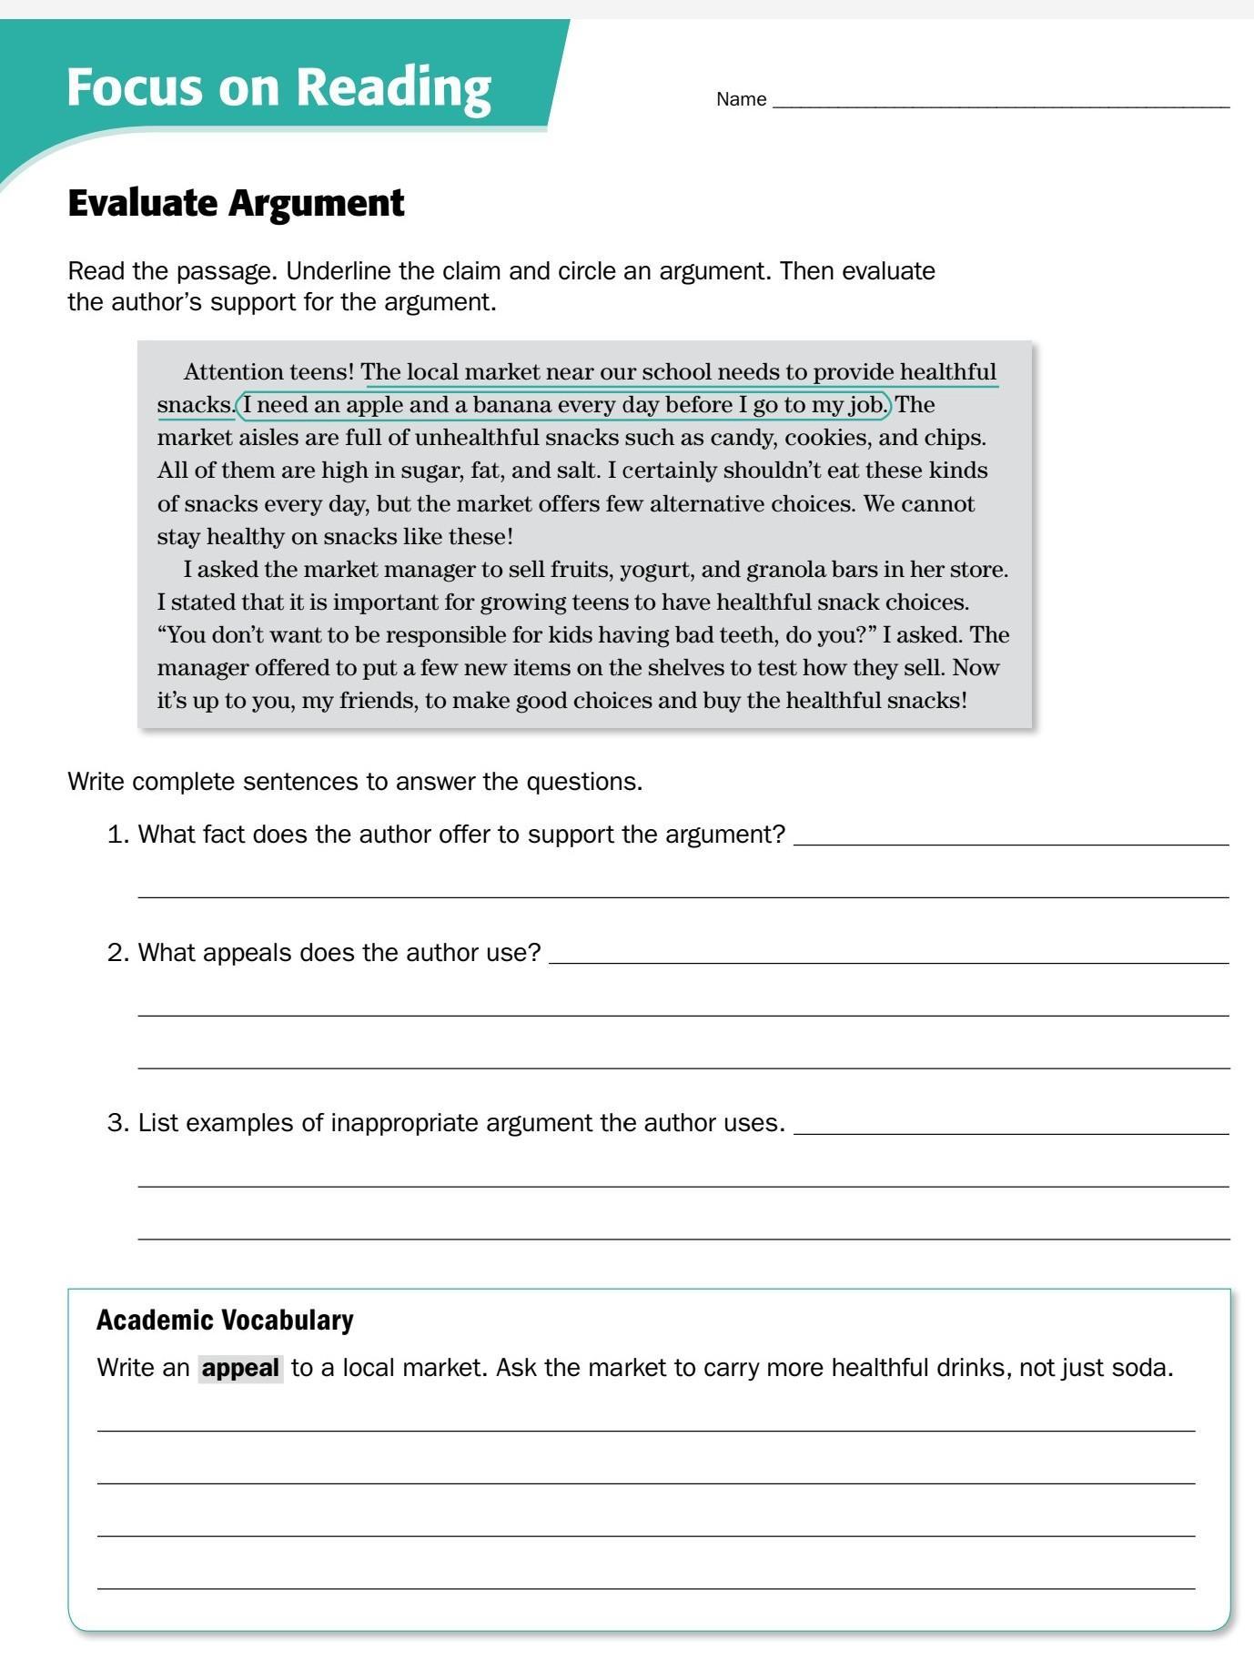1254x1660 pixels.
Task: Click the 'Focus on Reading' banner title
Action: [x=278, y=87]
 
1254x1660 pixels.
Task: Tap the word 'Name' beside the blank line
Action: [x=741, y=99]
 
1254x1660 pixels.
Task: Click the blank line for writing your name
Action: [x=1001, y=102]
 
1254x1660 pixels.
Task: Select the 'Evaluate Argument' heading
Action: [x=236, y=203]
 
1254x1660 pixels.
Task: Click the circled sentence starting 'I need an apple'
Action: [x=563, y=405]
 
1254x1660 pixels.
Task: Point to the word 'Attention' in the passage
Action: [x=233, y=372]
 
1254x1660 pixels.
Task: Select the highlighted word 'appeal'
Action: [x=240, y=1368]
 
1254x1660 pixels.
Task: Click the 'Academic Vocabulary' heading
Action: [x=225, y=1320]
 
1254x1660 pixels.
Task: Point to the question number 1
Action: [x=116, y=835]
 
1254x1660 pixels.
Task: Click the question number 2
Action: [x=116, y=953]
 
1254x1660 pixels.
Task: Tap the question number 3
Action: [x=116, y=1123]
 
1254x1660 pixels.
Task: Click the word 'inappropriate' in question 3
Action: [x=405, y=1123]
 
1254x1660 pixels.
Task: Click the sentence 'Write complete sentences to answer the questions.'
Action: [x=355, y=782]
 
